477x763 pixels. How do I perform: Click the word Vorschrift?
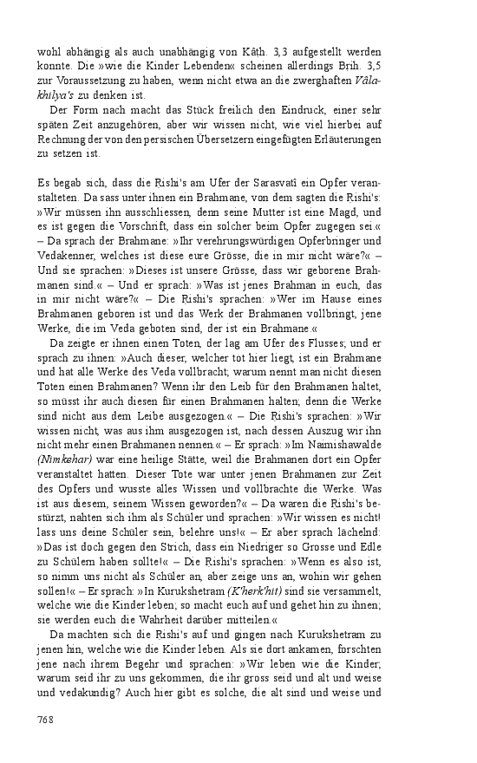pyautogui.click(x=145, y=225)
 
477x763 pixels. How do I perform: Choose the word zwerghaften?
pyautogui.click(x=317, y=81)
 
